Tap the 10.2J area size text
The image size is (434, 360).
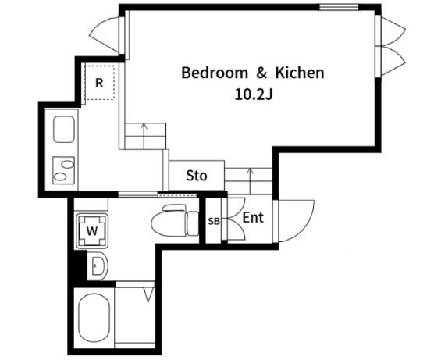click(254, 94)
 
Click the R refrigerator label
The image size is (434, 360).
click(99, 83)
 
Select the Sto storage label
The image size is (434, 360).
click(196, 176)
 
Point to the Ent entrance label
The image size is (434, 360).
click(253, 218)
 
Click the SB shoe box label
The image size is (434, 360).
click(214, 221)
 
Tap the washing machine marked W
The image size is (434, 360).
click(92, 230)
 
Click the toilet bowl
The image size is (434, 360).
click(169, 221)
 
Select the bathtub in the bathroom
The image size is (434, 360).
click(94, 317)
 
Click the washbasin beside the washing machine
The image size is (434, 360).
click(97, 266)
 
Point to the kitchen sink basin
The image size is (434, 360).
click(64, 130)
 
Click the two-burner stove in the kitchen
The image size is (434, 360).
click(64, 170)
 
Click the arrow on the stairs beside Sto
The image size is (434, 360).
click(251, 181)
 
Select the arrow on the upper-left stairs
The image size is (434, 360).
click(144, 136)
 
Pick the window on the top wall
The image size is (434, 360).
click(339, 7)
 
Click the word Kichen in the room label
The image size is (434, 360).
click(300, 73)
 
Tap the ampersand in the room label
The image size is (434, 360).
click(261, 73)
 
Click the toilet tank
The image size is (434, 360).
click(193, 223)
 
